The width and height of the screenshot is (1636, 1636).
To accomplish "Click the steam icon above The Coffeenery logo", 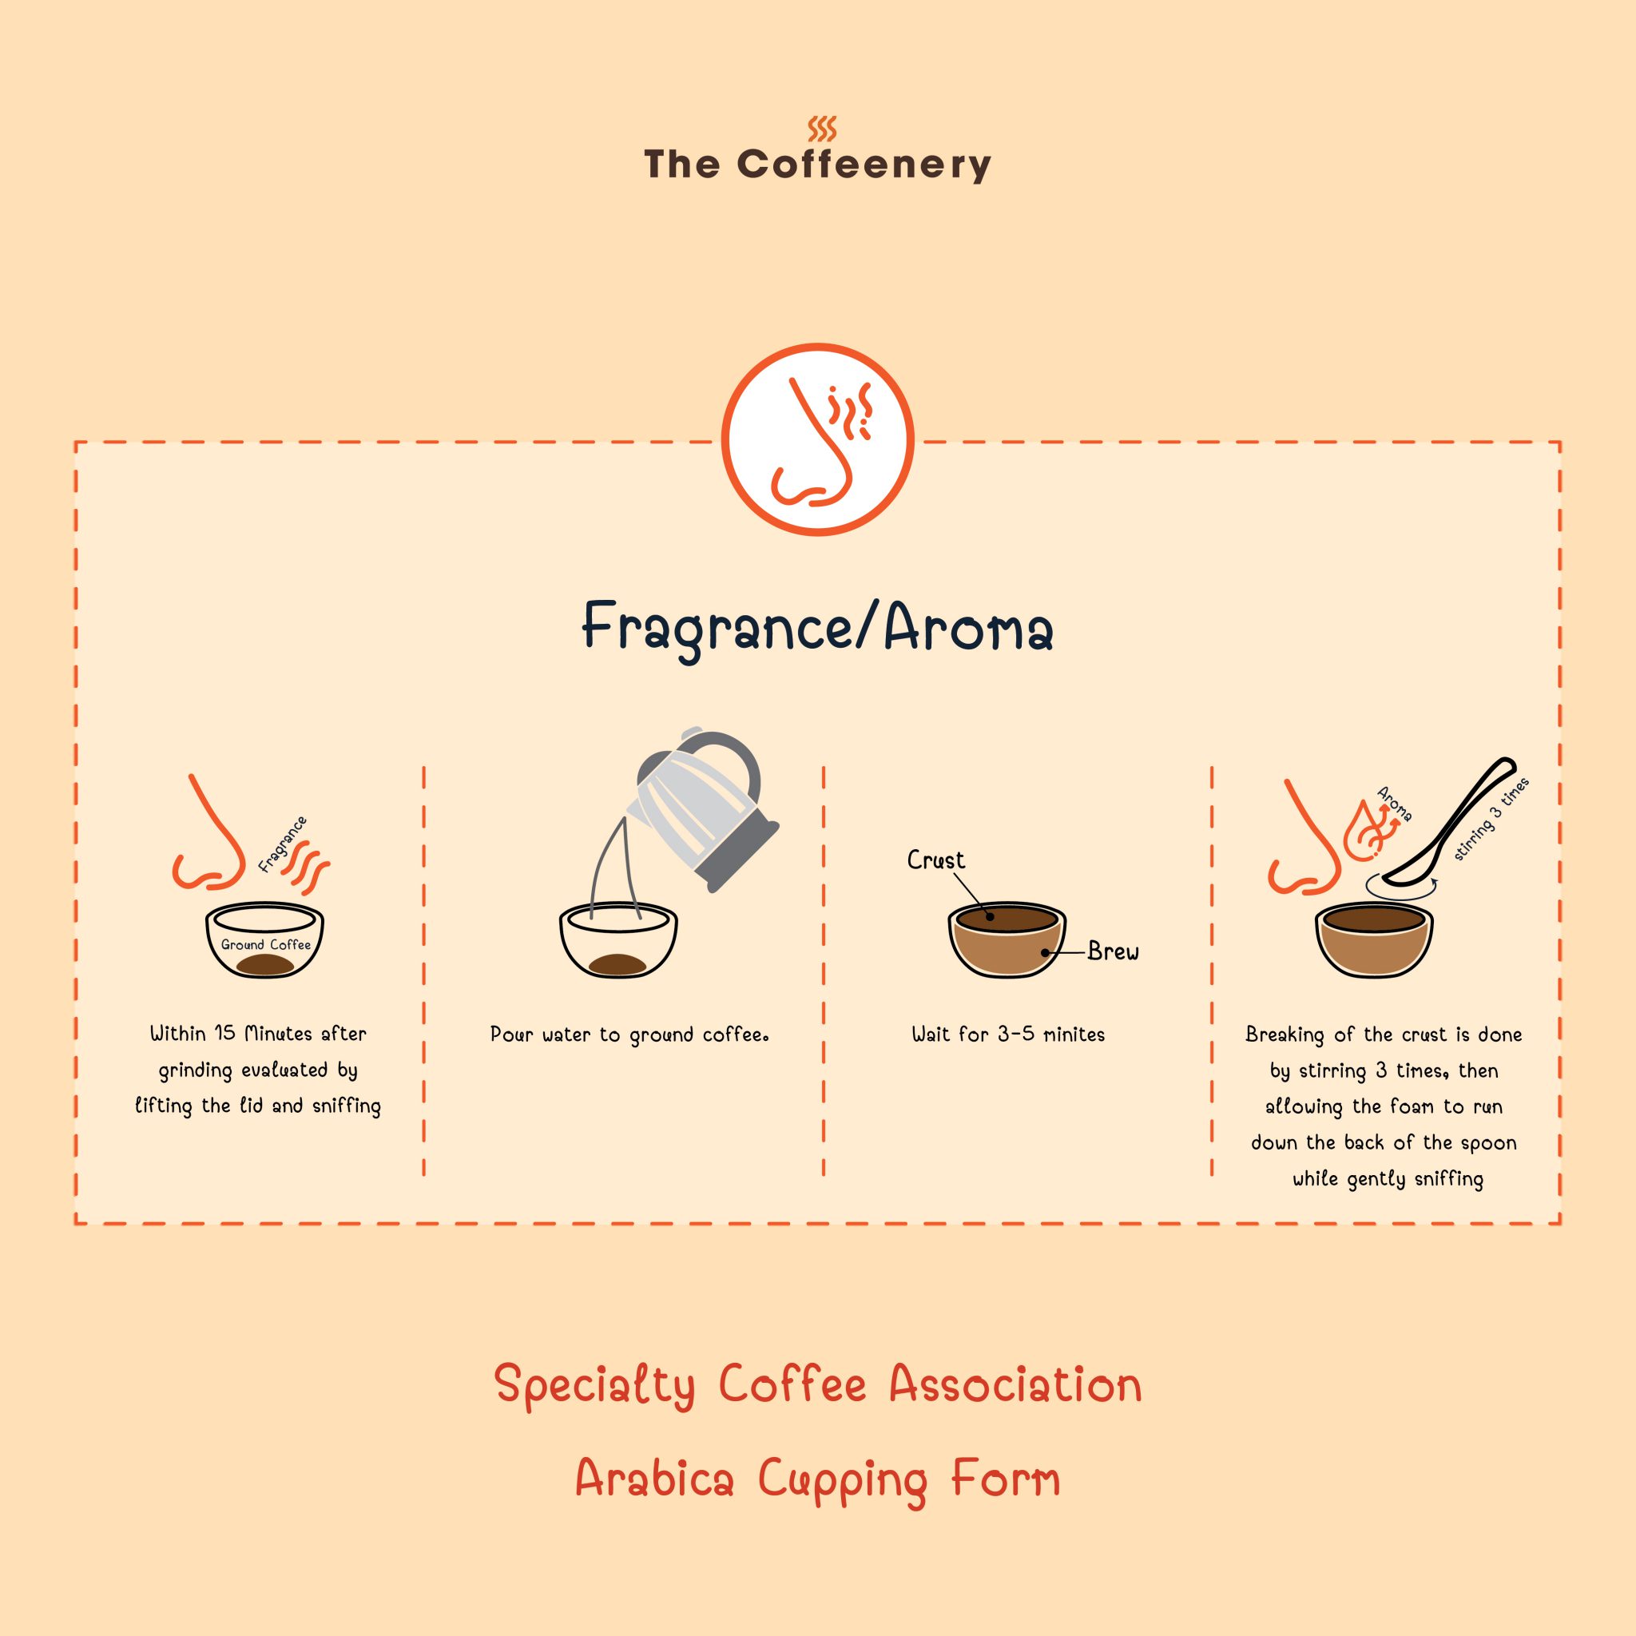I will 821,129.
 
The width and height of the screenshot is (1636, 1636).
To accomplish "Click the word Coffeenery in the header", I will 863,165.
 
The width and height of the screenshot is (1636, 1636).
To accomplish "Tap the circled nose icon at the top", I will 817,439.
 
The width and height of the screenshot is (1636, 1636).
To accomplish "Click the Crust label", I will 935,860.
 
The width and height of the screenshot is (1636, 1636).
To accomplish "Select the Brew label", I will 1113,951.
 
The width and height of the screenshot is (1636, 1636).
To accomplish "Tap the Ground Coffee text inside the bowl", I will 265,944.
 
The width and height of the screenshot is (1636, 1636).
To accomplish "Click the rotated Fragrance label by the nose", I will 283,844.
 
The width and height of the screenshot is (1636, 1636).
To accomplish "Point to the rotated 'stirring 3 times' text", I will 1491,819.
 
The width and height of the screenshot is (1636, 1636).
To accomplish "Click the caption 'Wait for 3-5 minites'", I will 1007,1034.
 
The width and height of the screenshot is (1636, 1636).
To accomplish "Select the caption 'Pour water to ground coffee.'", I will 629,1034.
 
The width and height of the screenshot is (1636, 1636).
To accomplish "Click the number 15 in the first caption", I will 224,1033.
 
